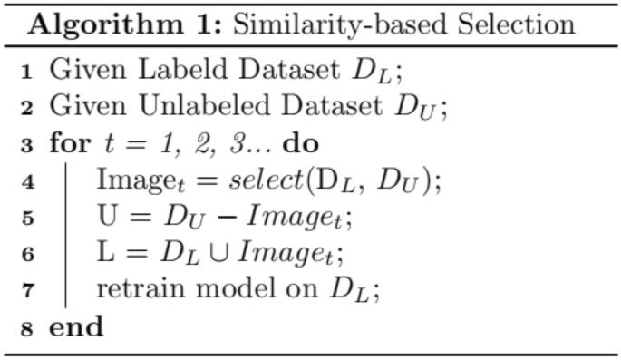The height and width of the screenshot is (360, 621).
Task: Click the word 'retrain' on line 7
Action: tap(131, 292)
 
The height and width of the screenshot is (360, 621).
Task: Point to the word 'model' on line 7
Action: tap(209, 292)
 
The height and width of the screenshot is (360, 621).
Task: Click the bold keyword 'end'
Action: tap(75, 328)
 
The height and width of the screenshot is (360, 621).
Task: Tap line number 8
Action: tap(26, 329)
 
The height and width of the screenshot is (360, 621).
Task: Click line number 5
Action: tap(26, 219)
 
